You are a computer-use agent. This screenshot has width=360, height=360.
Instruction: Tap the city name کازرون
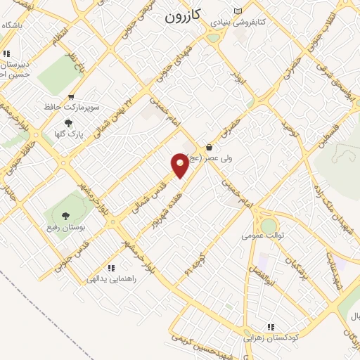[x=185, y=16]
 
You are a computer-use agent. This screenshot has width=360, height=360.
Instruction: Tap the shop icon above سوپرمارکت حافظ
[x=71, y=97]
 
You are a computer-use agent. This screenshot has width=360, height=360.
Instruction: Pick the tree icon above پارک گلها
[x=67, y=122]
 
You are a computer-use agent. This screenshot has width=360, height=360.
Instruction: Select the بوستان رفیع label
[x=67, y=227]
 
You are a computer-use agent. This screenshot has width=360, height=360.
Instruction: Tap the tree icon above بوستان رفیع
[x=66, y=217]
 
